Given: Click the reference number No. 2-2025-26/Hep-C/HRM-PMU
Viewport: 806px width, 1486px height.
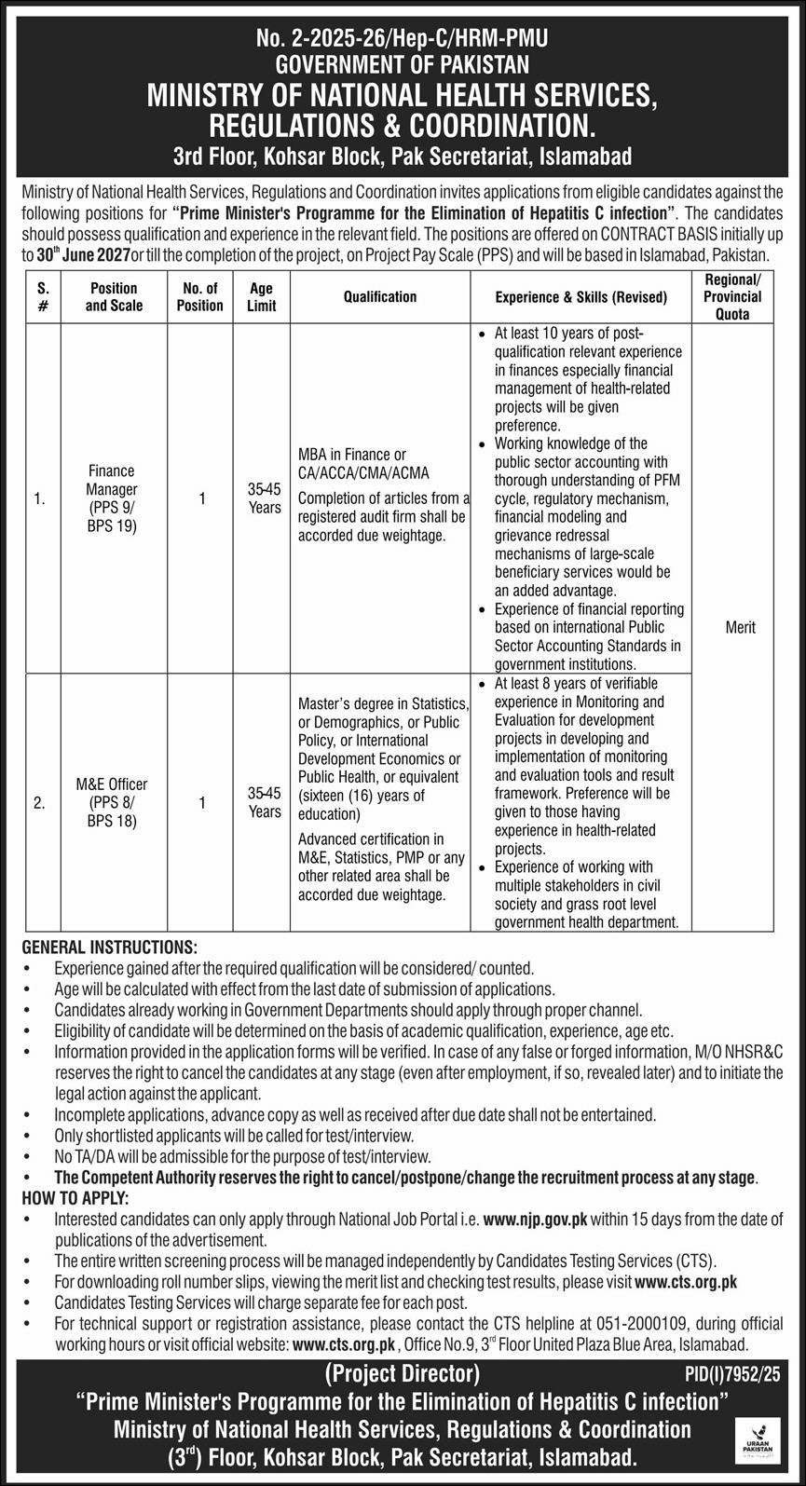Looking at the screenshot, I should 403,39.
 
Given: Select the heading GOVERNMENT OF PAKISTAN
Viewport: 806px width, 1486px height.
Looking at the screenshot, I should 403,64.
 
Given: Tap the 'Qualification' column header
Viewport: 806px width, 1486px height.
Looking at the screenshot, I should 379,296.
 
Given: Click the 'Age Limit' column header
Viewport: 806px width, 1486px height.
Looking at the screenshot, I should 261,296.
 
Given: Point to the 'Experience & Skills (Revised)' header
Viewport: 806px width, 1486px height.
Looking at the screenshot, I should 581,297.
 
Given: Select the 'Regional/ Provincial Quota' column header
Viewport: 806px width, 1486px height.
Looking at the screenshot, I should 732,296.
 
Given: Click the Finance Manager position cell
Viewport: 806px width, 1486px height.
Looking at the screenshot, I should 112,498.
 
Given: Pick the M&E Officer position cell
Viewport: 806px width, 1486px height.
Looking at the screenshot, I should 112,802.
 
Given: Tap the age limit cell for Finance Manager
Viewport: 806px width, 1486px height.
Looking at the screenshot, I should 265,498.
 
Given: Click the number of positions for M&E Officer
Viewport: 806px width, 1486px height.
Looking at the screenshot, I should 201,802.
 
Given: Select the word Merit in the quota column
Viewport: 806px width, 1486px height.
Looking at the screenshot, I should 740,627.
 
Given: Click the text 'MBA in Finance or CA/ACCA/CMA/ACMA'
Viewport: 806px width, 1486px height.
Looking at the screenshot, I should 363,463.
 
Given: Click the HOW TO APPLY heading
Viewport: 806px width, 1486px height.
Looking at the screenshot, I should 75,1196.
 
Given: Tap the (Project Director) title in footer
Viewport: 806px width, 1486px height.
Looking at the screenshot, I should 403,1373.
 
